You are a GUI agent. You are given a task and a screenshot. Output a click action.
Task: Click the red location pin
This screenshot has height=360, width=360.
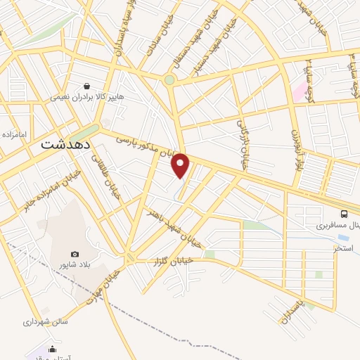click(x=181, y=165)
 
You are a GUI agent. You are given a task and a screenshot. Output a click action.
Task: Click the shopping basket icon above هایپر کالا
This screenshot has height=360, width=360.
click(x=86, y=86)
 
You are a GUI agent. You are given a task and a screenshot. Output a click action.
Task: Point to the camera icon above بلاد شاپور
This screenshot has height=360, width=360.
click(x=75, y=254)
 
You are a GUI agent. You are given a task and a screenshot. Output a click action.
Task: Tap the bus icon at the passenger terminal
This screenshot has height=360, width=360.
click(x=344, y=214)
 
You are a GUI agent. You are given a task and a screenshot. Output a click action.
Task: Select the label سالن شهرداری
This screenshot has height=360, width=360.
click(x=44, y=321)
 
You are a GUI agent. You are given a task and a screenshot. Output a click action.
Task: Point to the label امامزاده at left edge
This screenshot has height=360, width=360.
click(x=13, y=134)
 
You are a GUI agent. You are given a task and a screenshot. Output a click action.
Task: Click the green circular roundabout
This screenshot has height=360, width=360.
click(x=169, y=80)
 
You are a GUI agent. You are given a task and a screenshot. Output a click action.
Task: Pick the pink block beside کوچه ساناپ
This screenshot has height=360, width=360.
click(x=300, y=91)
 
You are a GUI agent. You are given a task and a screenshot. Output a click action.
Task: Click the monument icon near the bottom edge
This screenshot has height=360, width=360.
click(x=52, y=349)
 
